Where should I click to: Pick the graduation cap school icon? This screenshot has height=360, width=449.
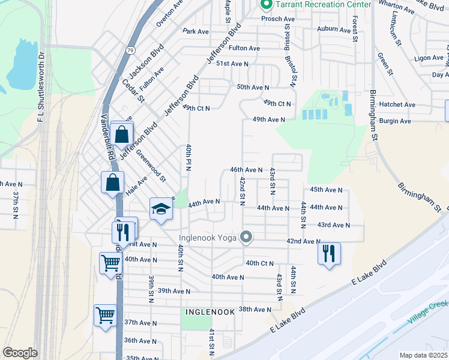tap(160, 209)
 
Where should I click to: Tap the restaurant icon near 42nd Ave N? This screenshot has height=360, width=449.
tap(329, 253)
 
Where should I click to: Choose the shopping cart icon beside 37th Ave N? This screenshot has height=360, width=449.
tap(105, 315)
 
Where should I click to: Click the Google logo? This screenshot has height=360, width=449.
tap(20, 352)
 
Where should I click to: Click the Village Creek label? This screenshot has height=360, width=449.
tap(427, 314)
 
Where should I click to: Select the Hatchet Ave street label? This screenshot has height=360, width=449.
tap(397, 104)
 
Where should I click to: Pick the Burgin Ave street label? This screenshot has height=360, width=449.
tap(395, 121)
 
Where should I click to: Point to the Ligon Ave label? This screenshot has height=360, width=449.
tap(429, 58)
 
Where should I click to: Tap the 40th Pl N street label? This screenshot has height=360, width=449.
tap(188, 157)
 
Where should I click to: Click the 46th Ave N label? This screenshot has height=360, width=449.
tap(246, 170)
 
